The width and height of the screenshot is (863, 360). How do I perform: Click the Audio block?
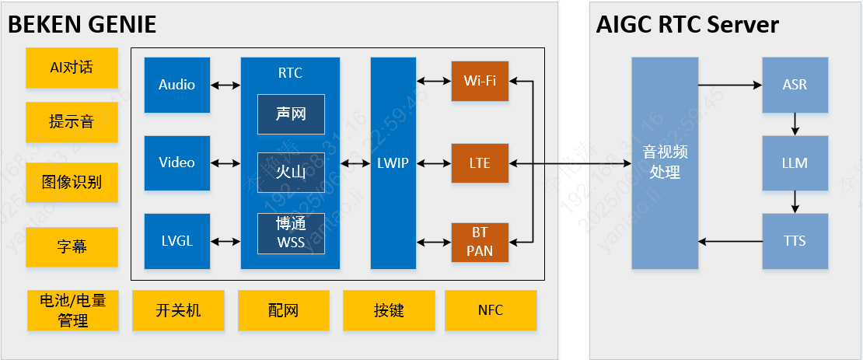tap(177, 85)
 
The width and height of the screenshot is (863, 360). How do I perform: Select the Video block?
tap(177, 163)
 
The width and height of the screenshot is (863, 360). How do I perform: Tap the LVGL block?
tap(177, 241)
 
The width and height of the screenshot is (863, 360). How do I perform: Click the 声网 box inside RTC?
tap(291, 114)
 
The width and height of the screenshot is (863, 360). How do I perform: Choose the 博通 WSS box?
tap(291, 233)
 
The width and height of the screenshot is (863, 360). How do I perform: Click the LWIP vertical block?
tap(393, 163)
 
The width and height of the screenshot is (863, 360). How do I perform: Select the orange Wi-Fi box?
tap(480, 80)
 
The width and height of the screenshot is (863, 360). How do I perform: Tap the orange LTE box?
tap(480, 163)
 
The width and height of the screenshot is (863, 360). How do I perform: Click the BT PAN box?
tap(480, 242)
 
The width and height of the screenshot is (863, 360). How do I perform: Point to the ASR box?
tap(795, 85)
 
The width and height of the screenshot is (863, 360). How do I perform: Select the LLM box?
tap(795, 163)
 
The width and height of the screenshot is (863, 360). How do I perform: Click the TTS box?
tap(795, 241)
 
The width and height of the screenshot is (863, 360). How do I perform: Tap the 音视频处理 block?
tap(665, 163)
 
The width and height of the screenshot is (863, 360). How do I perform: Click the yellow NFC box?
tap(491, 310)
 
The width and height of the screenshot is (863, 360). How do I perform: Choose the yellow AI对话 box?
tap(72, 68)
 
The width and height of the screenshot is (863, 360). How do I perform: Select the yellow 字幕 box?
tap(72, 247)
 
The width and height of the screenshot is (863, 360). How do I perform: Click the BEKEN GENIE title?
tap(82, 25)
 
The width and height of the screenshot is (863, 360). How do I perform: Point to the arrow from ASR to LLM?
tap(795, 124)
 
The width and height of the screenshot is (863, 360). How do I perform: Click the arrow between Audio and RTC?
tap(225, 85)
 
